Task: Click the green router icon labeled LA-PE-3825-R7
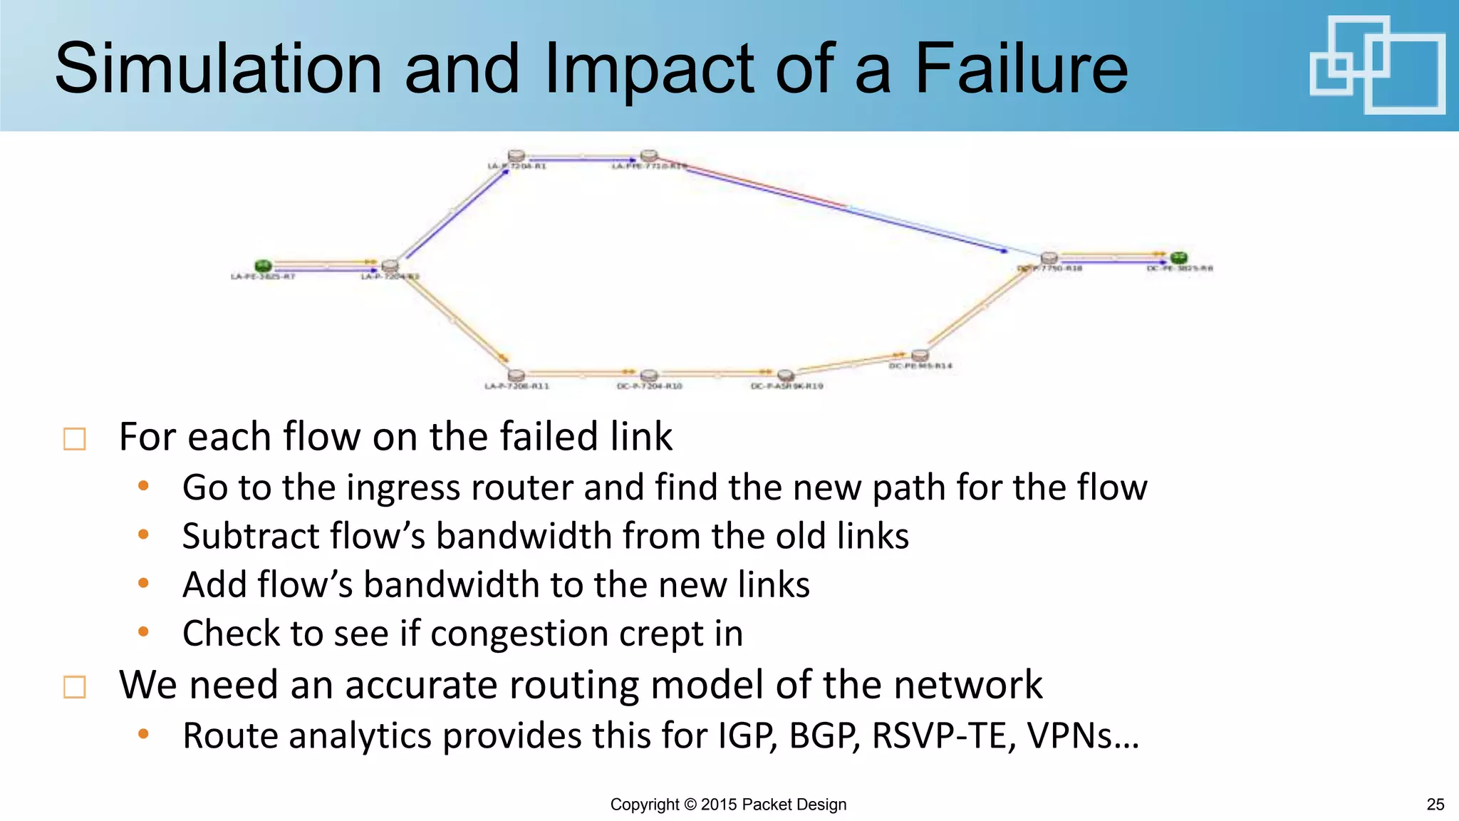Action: click(x=263, y=266)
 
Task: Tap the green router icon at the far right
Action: click(x=1179, y=257)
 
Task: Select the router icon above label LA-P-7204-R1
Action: click(x=516, y=155)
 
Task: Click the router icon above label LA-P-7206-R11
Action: click(x=516, y=375)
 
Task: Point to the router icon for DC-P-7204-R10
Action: click(x=648, y=375)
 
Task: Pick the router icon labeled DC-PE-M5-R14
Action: click(x=920, y=354)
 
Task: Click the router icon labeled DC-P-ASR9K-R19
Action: click(x=785, y=375)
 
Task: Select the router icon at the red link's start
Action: click(x=648, y=155)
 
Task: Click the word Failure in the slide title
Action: click(x=1021, y=68)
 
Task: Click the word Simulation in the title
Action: click(x=219, y=68)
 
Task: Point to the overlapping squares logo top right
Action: click(x=1377, y=66)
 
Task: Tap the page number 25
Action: click(x=1435, y=805)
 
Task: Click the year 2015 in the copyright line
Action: click(x=719, y=805)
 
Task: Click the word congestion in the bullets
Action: click(x=519, y=634)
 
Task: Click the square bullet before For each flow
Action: click(x=75, y=438)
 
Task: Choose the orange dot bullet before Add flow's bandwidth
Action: click(x=143, y=584)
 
